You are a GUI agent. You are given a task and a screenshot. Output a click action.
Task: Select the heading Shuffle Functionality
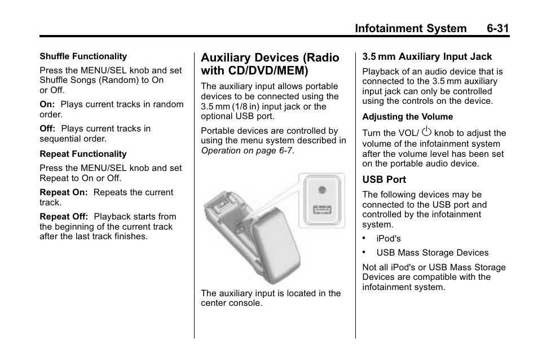(x=83, y=56)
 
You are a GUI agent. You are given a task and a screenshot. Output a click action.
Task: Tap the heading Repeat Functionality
(x=83, y=154)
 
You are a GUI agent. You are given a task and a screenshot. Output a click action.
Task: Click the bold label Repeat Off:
(x=64, y=217)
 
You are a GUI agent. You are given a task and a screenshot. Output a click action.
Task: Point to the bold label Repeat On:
(x=63, y=192)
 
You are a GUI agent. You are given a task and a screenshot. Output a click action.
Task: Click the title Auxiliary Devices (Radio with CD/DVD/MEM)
(x=270, y=64)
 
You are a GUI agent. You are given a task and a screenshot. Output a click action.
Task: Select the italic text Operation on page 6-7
(x=247, y=151)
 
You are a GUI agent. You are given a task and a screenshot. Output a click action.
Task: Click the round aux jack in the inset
(x=321, y=190)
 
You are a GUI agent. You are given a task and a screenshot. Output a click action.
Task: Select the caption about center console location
(x=271, y=298)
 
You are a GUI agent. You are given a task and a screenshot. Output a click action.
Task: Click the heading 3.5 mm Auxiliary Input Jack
(x=427, y=56)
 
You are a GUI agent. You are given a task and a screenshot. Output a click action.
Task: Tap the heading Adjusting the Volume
(x=407, y=117)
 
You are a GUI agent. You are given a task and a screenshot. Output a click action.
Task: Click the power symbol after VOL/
(x=426, y=132)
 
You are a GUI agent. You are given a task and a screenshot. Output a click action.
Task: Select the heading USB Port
(x=384, y=179)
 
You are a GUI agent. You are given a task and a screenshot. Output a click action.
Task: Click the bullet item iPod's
(x=389, y=239)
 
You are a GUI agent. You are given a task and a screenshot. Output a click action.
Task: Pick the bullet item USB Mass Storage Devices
(x=432, y=253)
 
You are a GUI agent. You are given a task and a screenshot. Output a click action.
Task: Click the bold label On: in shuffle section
(x=47, y=104)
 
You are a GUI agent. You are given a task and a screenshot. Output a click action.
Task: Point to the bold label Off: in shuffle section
(x=47, y=129)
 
